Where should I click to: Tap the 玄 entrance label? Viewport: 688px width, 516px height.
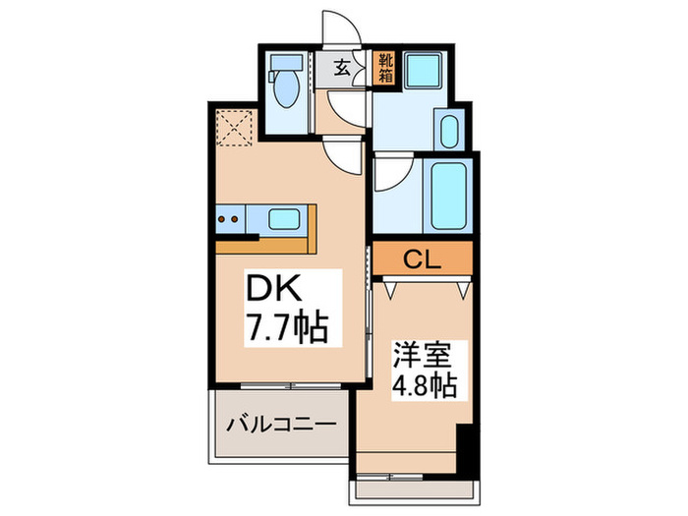pos(341,67)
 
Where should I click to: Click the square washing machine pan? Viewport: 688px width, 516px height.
pos(429,71)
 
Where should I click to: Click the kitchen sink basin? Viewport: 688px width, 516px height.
pos(284,218)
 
